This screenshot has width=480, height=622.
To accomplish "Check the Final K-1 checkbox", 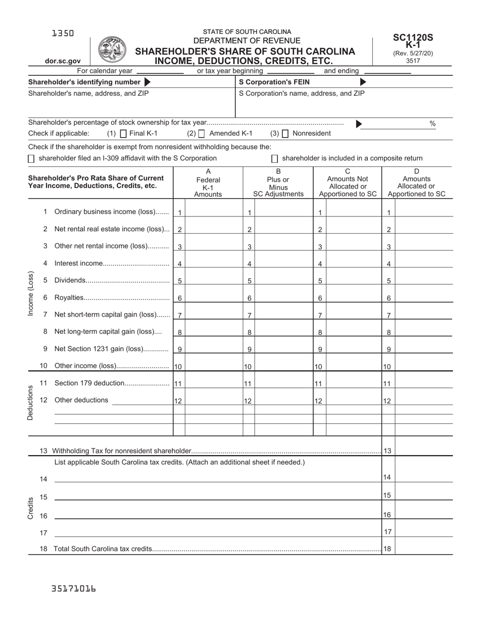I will (123, 134).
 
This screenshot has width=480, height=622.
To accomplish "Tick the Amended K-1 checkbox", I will (202, 134).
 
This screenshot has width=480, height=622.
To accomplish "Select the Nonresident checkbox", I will (285, 134).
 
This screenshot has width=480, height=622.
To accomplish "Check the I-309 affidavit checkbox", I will (31, 158).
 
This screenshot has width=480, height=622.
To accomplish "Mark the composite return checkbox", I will (275, 158).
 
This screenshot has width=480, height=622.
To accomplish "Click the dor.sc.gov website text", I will (63, 61).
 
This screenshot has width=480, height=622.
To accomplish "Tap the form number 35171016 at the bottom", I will (74, 589).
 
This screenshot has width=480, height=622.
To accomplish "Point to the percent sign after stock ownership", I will (433, 123).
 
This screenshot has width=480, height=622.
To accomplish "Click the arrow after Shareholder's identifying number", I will (148, 82).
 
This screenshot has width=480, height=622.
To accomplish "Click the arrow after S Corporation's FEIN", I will (363, 82).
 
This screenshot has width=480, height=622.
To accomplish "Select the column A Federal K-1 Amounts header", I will (208, 183).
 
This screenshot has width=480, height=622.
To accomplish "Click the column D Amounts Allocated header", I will (416, 183).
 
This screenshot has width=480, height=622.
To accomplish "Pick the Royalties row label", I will (69, 297).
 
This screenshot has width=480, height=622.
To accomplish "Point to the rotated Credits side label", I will (30, 508).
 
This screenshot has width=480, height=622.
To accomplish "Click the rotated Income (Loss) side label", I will (30, 294).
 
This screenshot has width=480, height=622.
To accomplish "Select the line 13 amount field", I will (423, 450).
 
